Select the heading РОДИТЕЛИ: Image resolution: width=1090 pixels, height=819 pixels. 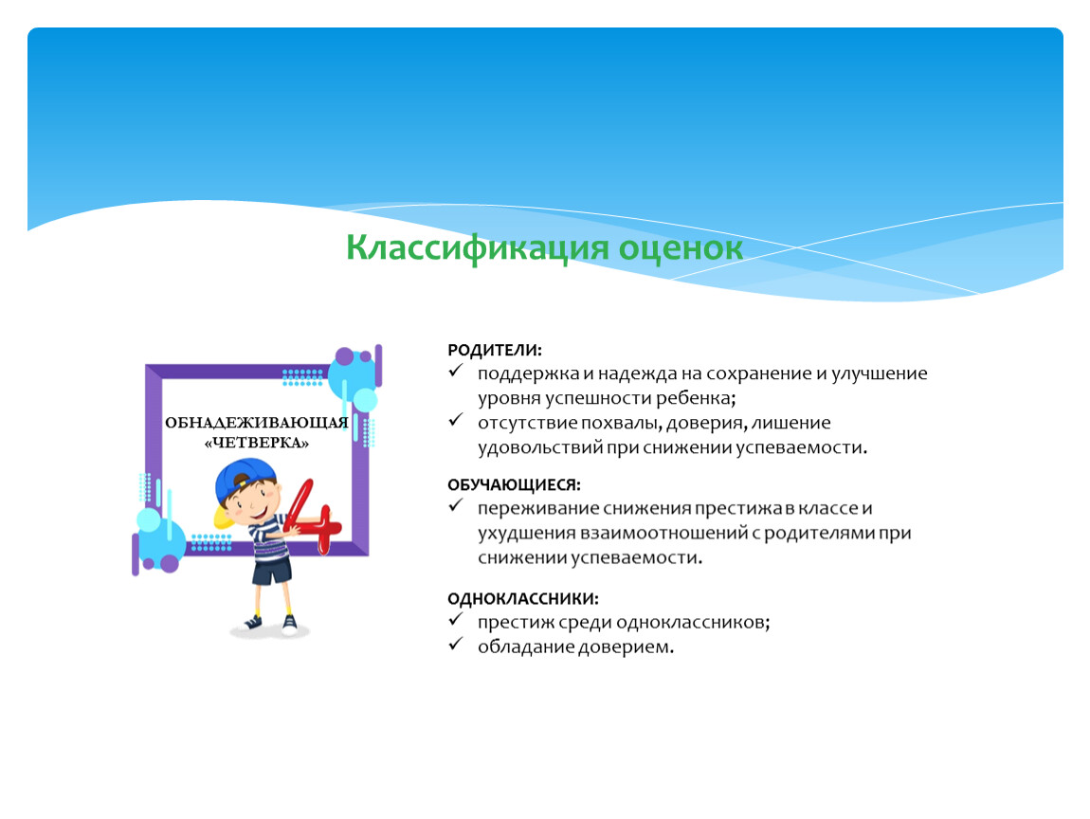click(494, 350)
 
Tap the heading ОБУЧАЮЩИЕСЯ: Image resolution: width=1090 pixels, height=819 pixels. click(514, 484)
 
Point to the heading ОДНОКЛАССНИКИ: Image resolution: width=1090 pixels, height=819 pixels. click(523, 598)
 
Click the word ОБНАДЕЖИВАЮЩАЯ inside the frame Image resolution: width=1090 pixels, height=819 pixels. click(257, 423)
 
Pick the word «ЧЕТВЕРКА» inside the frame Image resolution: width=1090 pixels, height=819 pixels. click(257, 443)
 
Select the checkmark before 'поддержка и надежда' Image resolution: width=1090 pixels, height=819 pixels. click(456, 372)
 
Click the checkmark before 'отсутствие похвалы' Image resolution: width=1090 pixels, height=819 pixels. click(456, 421)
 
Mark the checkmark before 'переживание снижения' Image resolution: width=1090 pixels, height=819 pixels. click(456, 506)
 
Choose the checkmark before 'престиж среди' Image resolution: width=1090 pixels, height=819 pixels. click(456, 620)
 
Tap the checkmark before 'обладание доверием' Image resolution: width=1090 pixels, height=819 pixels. click(456, 645)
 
